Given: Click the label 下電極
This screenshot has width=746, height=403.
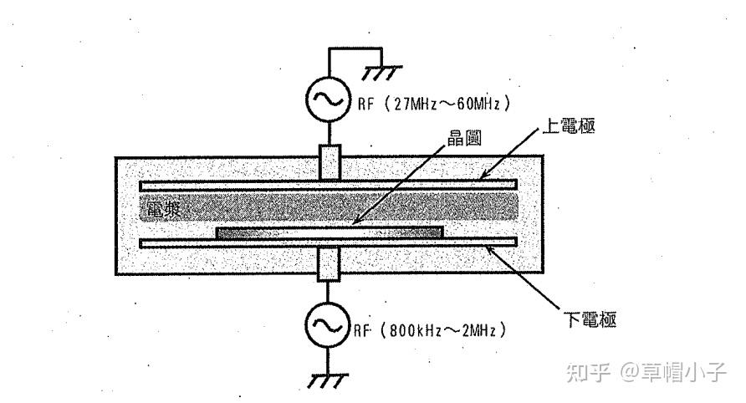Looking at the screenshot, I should (x=590, y=320).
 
